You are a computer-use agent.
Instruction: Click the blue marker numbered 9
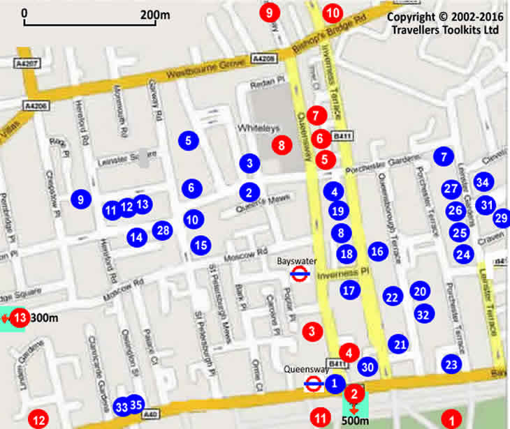pos(81,199)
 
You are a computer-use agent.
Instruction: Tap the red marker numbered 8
pos(282,145)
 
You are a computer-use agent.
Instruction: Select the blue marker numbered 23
pos(452,363)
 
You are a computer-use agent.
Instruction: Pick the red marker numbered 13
pos(20,318)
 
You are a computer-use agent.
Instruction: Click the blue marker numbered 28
pos(162,230)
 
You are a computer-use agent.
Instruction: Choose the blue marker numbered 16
pos(377,251)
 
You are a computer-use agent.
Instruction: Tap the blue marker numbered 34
pos(483,182)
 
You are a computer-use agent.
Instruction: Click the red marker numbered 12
pos(38,420)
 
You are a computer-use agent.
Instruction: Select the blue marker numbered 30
pos(368,366)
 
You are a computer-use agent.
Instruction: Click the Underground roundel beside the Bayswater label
pos(300,274)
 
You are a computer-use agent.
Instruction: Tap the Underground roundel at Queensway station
pos(314,383)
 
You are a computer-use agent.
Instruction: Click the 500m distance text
pos(355,421)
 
